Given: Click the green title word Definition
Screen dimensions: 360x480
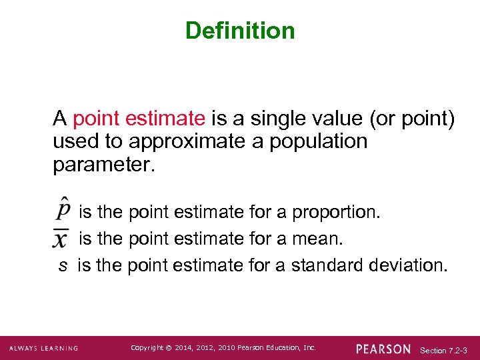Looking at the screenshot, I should [x=240, y=31].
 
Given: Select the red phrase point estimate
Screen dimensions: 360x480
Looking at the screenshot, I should [x=139, y=119].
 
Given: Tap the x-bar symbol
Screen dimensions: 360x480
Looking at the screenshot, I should [x=61, y=238].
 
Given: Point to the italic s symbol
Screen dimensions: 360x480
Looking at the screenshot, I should [x=63, y=265].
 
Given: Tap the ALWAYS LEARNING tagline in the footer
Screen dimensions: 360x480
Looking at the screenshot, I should [x=43, y=348].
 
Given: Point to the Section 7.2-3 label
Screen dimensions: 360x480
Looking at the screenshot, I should [x=443, y=349].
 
